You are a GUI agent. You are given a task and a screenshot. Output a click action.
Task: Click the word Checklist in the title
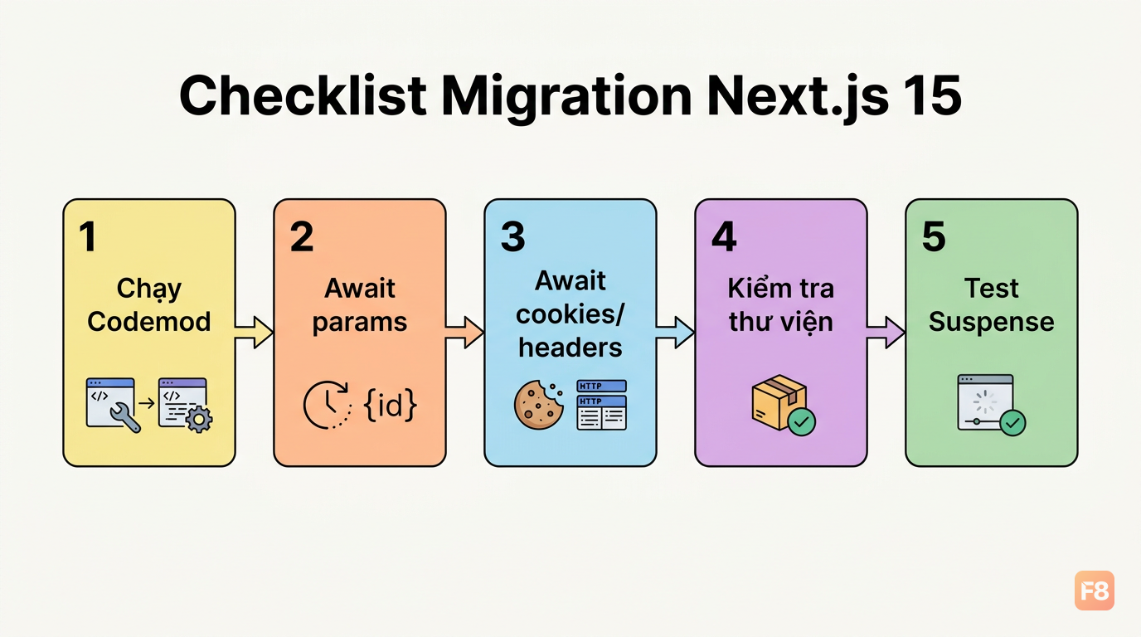(303, 96)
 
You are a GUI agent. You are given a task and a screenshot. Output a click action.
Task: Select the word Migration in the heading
(566, 99)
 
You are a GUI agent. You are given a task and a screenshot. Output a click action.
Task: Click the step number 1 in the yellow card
(88, 236)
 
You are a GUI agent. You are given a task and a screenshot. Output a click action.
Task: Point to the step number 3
(512, 236)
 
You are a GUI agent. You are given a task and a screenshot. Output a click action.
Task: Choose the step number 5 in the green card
(934, 236)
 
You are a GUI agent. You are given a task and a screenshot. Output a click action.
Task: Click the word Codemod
(148, 322)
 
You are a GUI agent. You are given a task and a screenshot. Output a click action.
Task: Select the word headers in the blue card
(570, 348)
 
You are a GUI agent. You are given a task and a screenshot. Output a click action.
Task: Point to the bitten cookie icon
(539, 405)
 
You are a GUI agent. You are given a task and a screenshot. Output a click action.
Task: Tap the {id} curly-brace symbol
(391, 405)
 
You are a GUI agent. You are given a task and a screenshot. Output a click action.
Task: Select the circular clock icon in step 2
(327, 405)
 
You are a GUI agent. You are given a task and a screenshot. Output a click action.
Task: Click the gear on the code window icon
(199, 420)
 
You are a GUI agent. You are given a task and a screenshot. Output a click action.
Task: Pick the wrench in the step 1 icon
(125, 417)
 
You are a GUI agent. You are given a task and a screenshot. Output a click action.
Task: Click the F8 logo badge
(1094, 591)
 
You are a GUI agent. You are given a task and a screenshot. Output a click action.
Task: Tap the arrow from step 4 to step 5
(886, 333)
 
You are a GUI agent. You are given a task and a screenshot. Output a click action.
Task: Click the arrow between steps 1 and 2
(254, 333)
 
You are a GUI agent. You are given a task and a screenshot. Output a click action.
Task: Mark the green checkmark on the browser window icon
(1012, 422)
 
